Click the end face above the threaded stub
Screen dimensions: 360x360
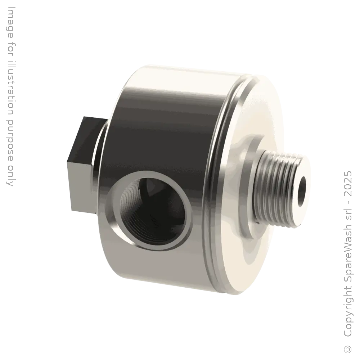point(252,108)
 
